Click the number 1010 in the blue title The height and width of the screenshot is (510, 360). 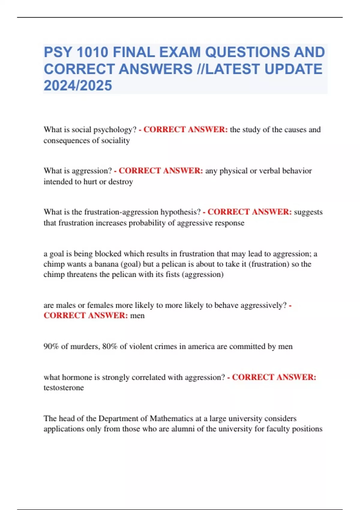(x=92, y=52)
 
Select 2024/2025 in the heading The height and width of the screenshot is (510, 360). (x=78, y=86)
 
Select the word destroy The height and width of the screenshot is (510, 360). (x=121, y=182)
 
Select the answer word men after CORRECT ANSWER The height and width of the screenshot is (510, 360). (x=137, y=315)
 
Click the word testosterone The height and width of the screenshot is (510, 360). (x=64, y=388)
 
